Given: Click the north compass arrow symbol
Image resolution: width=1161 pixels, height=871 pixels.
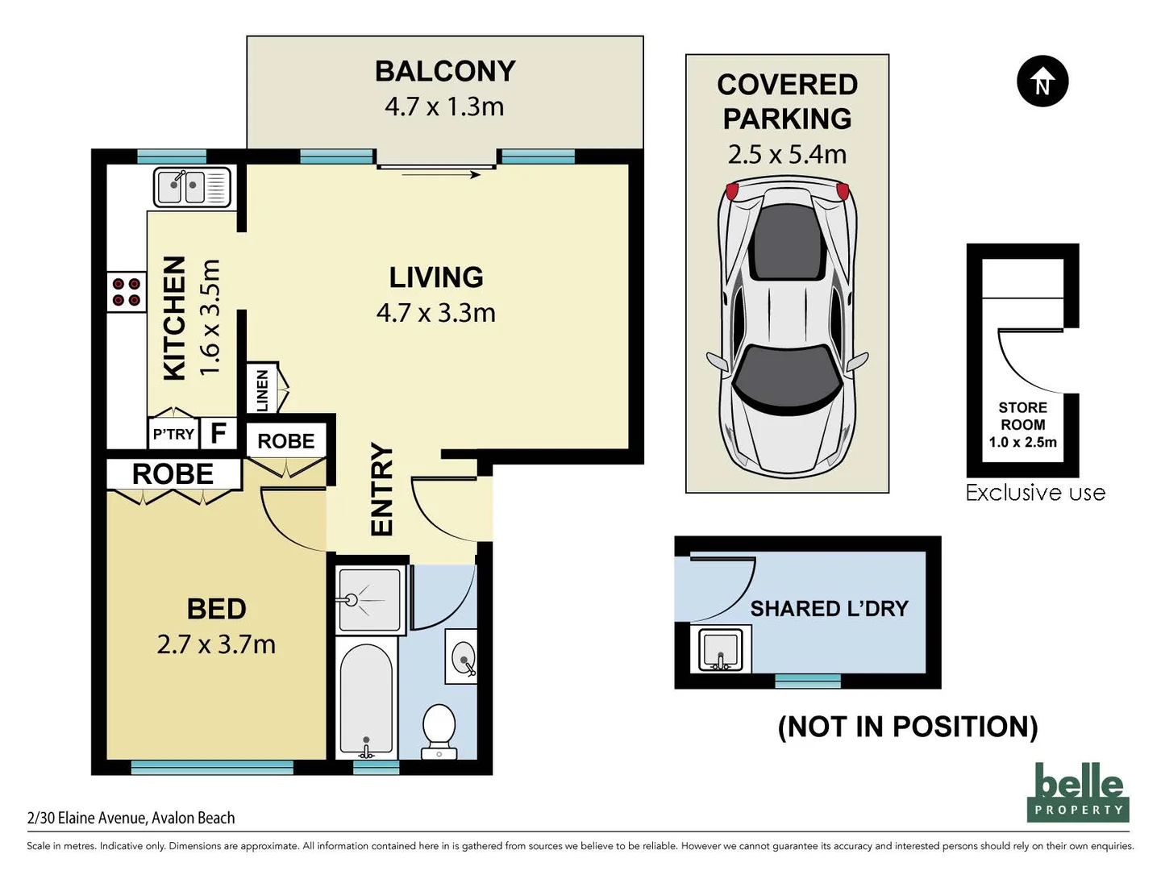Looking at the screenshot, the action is click(1042, 81).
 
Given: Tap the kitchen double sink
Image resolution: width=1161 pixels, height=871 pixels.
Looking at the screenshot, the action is click(192, 186).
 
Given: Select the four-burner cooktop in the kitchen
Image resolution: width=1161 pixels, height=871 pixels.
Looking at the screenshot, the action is click(127, 292).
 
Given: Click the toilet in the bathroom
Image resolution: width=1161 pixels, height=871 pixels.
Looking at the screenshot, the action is click(439, 732).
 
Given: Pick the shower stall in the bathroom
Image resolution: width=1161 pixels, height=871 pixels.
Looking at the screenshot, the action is click(368, 599).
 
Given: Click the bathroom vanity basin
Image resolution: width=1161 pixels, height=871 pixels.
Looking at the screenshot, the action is click(461, 656).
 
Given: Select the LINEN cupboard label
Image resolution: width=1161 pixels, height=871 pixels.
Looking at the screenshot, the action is click(262, 390).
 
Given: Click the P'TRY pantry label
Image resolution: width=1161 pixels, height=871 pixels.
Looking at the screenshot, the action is click(173, 434).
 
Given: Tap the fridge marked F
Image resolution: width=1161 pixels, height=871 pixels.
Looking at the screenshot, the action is click(218, 433).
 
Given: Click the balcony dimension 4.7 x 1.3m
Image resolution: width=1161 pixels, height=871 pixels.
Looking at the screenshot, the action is click(444, 106).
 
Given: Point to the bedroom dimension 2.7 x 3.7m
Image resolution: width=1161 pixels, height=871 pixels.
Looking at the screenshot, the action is click(216, 644).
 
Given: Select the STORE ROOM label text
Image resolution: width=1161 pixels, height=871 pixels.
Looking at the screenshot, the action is click(1022, 416).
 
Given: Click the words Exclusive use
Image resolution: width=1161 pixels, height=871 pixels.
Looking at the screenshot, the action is click(1036, 493).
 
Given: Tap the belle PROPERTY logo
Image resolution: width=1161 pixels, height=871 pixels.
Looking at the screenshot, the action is click(1078, 793).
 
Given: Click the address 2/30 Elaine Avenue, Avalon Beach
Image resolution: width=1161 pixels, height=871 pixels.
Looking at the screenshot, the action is click(131, 818).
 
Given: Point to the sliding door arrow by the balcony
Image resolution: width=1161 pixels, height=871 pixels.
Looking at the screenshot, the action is click(440, 174).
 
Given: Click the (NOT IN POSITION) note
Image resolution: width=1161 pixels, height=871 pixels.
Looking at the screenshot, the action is click(908, 727).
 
